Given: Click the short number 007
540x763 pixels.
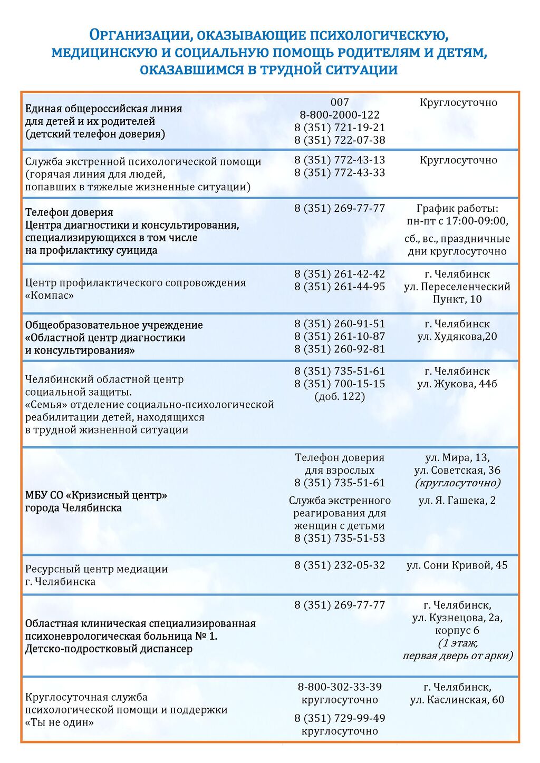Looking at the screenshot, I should [340, 102].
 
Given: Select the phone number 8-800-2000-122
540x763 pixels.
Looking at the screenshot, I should [340, 115].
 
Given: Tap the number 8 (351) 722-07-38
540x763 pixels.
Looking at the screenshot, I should [340, 140].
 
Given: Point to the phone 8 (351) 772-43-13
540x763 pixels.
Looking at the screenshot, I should [340, 160].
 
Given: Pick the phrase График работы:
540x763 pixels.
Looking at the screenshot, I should [457, 209].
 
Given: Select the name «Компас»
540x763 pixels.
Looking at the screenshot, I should [50, 296].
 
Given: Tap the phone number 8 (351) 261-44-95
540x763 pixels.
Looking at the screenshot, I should [340, 287].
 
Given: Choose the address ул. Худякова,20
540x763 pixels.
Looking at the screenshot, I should [457, 337].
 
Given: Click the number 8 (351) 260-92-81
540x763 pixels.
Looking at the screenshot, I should [340, 349].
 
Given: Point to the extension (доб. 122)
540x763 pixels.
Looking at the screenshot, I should [340, 396].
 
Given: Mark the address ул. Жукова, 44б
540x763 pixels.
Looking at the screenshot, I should [457, 384].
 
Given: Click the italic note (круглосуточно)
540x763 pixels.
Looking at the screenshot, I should [457, 483].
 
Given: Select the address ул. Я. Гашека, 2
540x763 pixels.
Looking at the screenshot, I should [457, 501].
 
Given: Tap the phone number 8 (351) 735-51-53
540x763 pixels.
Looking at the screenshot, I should [340, 538].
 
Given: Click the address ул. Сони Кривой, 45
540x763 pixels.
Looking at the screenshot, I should [457, 565].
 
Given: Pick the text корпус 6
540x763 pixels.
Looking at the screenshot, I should [457, 631].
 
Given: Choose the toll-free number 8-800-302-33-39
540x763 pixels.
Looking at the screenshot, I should [340, 687].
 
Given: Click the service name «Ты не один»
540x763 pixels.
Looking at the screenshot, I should [59, 722].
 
